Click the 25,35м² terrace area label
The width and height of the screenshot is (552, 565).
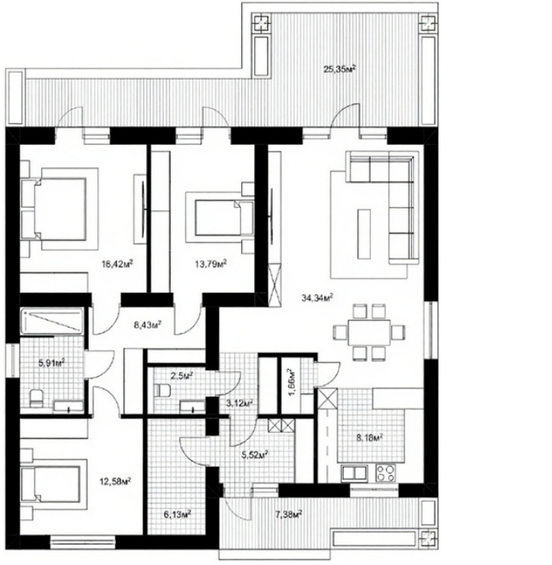340,68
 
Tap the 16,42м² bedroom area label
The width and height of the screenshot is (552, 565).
117,264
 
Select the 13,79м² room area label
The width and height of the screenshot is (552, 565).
211,264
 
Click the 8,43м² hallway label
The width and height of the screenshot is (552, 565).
147,325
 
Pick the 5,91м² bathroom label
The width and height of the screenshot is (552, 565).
51,362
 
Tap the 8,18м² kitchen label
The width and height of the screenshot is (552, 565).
369,438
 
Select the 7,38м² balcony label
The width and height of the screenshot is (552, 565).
288,514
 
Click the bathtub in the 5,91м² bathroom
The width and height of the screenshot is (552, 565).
52,321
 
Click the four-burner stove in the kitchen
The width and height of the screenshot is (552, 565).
386,472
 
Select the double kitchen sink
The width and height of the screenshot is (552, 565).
355,472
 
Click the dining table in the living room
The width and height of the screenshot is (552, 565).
369,332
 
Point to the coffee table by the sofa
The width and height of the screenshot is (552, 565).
364,233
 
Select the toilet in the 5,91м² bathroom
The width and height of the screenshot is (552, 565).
36,398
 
